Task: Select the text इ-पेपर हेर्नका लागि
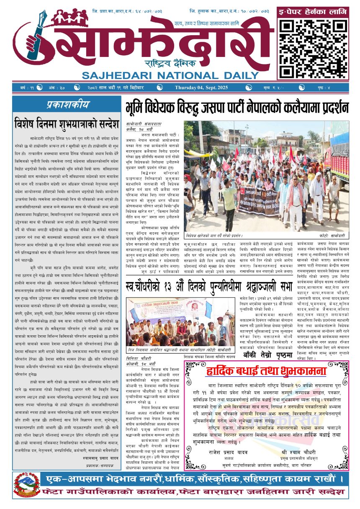[x=312, y=12]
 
